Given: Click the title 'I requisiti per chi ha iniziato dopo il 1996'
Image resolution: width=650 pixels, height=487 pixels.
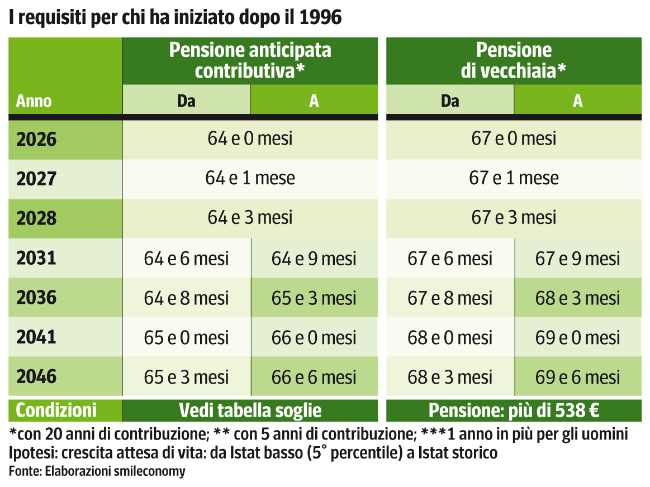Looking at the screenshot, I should pyautogui.click(x=175, y=17).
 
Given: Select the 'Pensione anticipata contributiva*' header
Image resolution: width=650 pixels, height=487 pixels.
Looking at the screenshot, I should pyautogui.click(x=250, y=60).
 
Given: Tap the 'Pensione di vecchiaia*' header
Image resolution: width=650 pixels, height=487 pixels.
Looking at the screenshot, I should pyautogui.click(x=514, y=60).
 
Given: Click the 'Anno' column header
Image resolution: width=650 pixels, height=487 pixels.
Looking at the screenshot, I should pyautogui.click(x=34, y=101).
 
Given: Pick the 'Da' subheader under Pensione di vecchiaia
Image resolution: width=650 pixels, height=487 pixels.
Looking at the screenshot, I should pyautogui.click(x=450, y=101).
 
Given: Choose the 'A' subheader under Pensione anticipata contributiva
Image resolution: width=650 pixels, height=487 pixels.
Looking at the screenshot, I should pyautogui.click(x=314, y=101).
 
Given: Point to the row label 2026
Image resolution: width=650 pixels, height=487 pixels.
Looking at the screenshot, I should pyautogui.click(x=37, y=139).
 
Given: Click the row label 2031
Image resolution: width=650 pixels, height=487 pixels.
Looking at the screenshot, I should pyautogui.click(x=37, y=258).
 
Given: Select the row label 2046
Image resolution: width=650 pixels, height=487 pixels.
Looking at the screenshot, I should pyautogui.click(x=37, y=376).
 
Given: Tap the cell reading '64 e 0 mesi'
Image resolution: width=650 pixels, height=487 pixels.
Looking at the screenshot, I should pyautogui.click(x=250, y=139).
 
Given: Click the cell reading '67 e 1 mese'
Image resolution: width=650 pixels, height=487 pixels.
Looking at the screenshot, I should pyautogui.click(x=514, y=178).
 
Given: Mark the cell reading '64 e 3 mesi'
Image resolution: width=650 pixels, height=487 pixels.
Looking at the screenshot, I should pyautogui.click(x=250, y=217).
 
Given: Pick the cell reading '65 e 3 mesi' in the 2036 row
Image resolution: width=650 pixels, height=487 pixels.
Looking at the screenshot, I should pyautogui.click(x=314, y=298).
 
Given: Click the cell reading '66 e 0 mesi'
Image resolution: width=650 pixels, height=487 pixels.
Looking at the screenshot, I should pyautogui.click(x=314, y=338).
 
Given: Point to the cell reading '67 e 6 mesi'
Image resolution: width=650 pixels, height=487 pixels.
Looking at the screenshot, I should pyautogui.click(x=450, y=259).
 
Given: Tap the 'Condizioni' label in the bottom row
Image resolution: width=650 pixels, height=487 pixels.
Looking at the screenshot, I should pyautogui.click(x=56, y=411).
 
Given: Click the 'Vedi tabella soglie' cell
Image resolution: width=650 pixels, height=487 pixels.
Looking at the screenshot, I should pyautogui.click(x=250, y=411).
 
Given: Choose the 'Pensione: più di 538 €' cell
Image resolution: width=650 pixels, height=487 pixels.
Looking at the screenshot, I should pyautogui.click(x=514, y=411).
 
